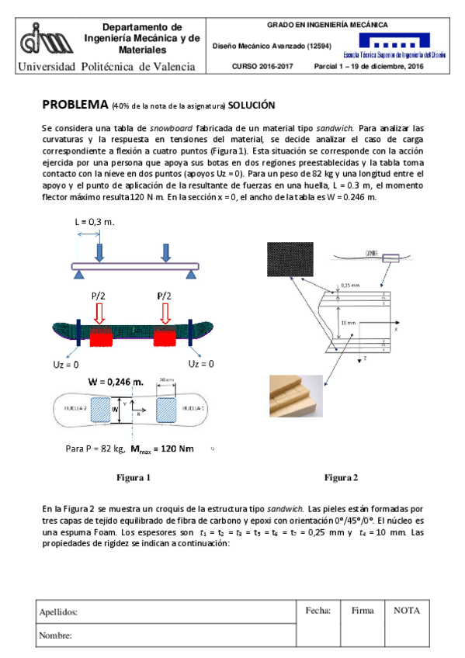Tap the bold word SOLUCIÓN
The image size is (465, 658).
pos(252,106)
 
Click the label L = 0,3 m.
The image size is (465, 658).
pos(95,222)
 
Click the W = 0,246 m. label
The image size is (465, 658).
pos(116,382)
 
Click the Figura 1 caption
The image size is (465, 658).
pos(133,477)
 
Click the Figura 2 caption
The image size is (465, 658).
pos(341,477)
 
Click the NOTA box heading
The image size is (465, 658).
pos(407,611)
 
